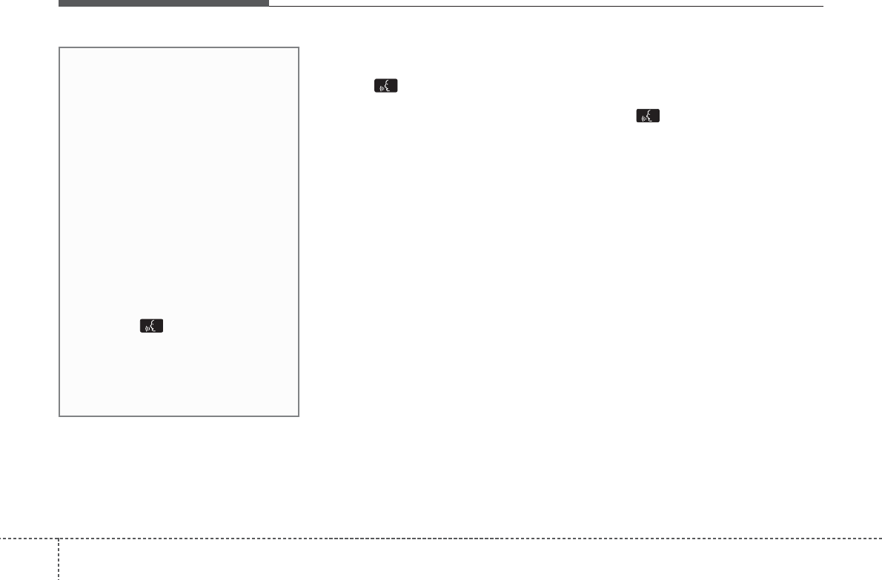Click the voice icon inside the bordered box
pyautogui.click(x=152, y=326)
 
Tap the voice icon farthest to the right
pyautogui.click(x=649, y=116)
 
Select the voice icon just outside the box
pyautogui.click(x=386, y=87)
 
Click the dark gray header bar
pyautogui.click(x=163, y=3)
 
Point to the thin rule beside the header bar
pyautogui.click(x=546, y=7)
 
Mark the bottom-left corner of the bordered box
pyautogui.click(x=60, y=416)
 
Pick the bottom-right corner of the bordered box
pyautogui.click(x=298, y=416)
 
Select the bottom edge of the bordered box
pyautogui.click(x=179, y=416)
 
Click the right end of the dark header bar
pyautogui.click(x=267, y=3)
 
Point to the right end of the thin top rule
pyautogui.click(x=822, y=7)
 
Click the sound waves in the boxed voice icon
pyautogui.click(x=147, y=327)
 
